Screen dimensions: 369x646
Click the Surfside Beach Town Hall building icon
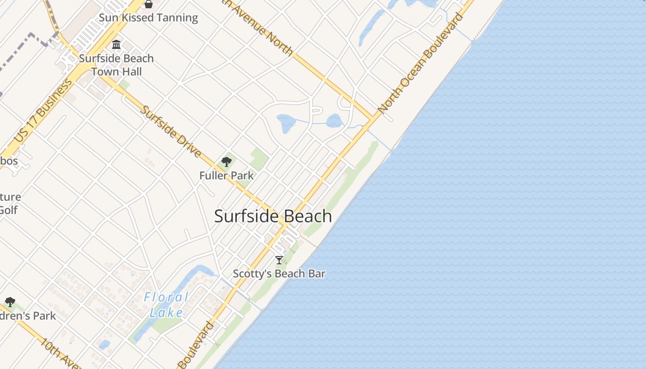point(116,45)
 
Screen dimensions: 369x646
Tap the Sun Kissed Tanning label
point(149,18)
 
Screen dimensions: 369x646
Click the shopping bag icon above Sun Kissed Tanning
point(149,4)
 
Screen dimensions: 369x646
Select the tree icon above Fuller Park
point(226,161)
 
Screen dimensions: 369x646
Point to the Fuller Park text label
point(226,175)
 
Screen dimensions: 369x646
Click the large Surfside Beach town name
point(273,216)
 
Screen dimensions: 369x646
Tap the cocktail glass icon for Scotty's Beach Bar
point(279,260)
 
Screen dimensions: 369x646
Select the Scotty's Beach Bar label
point(279,274)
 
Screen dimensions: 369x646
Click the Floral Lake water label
point(166,305)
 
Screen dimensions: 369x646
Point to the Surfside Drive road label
point(171,131)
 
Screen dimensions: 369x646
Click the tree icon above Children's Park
point(10,303)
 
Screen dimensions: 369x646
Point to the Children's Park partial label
point(28,316)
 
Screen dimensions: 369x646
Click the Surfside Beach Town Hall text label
point(116,65)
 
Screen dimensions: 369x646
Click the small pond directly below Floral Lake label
point(104,345)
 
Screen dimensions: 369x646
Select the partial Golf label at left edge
point(8,210)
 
